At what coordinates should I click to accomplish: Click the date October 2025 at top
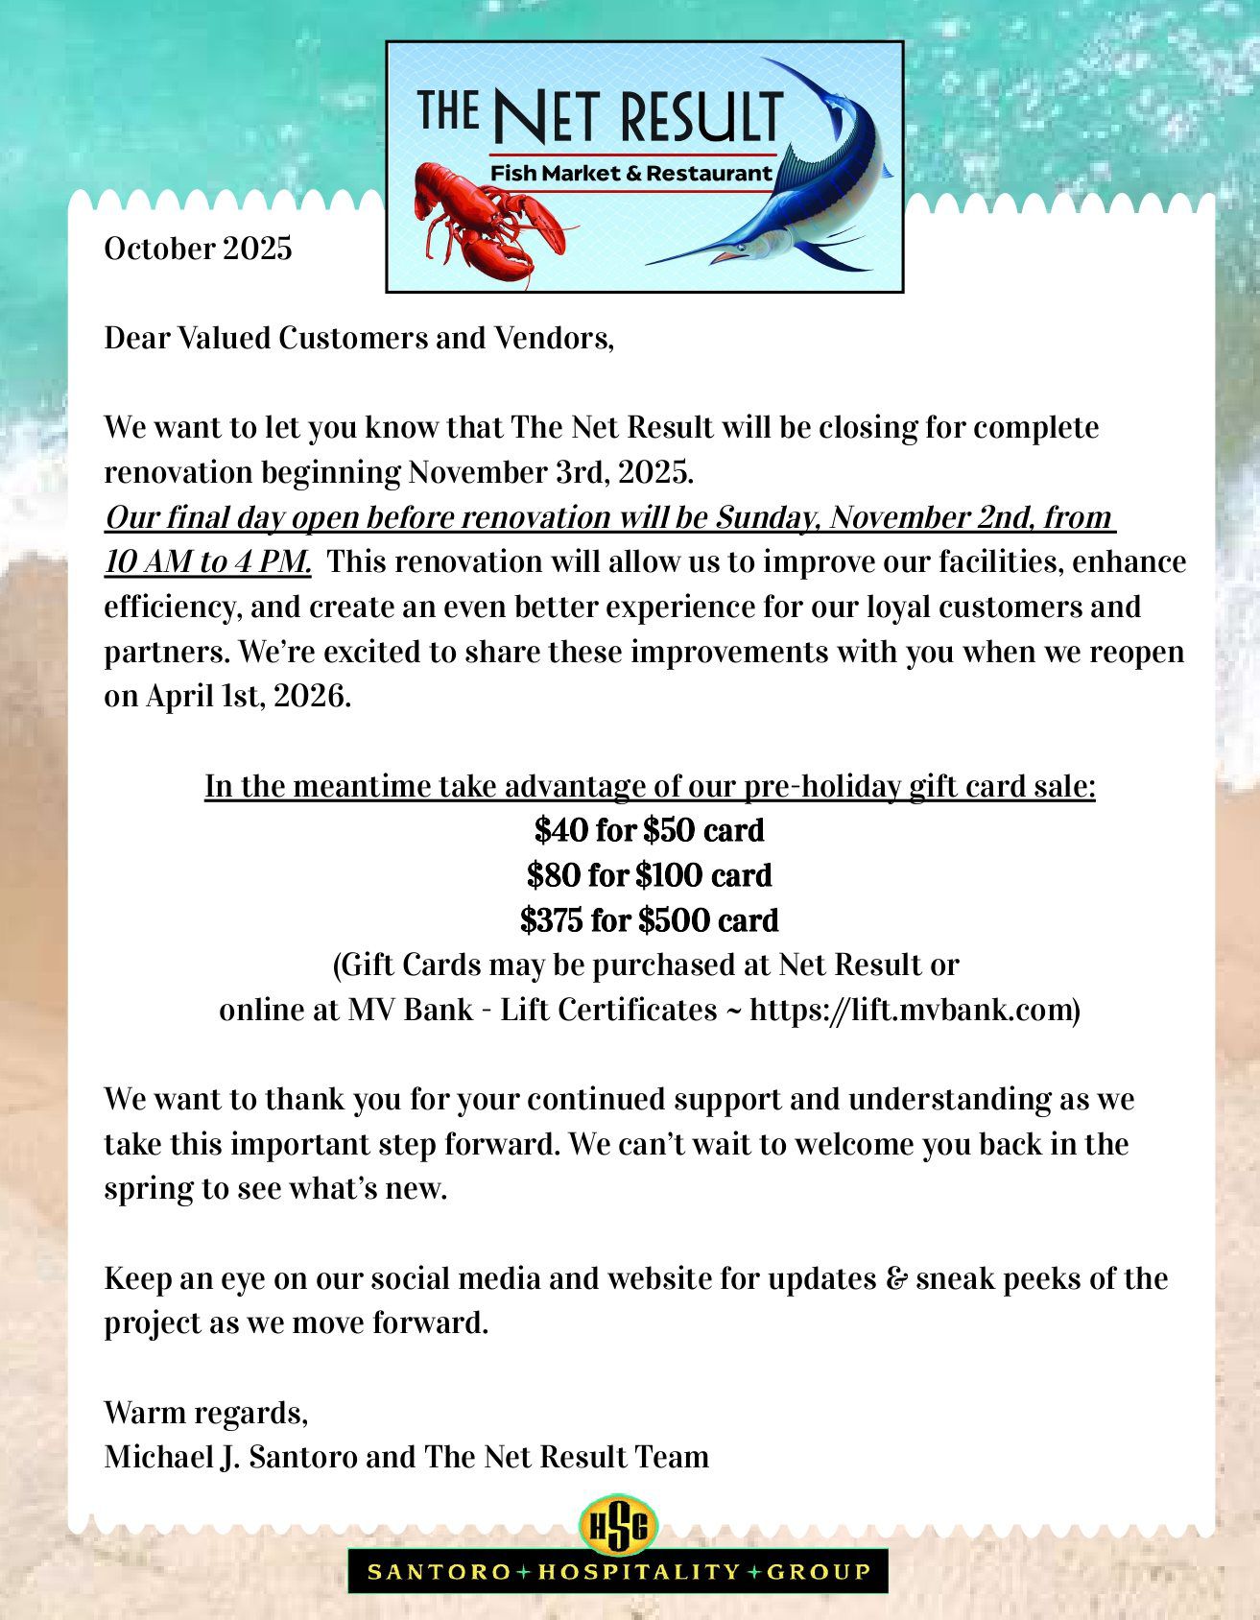198,249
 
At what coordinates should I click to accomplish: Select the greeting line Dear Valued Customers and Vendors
358,338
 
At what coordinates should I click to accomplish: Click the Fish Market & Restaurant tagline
630,174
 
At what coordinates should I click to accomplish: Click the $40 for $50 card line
650,830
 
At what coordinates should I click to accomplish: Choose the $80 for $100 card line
650,875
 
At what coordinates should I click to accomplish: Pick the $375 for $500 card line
650,920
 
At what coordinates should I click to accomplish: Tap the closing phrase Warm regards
205,1413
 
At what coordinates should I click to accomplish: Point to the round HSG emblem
619,1524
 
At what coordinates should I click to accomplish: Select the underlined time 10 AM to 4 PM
207,561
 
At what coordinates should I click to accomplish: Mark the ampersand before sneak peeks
896,1278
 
